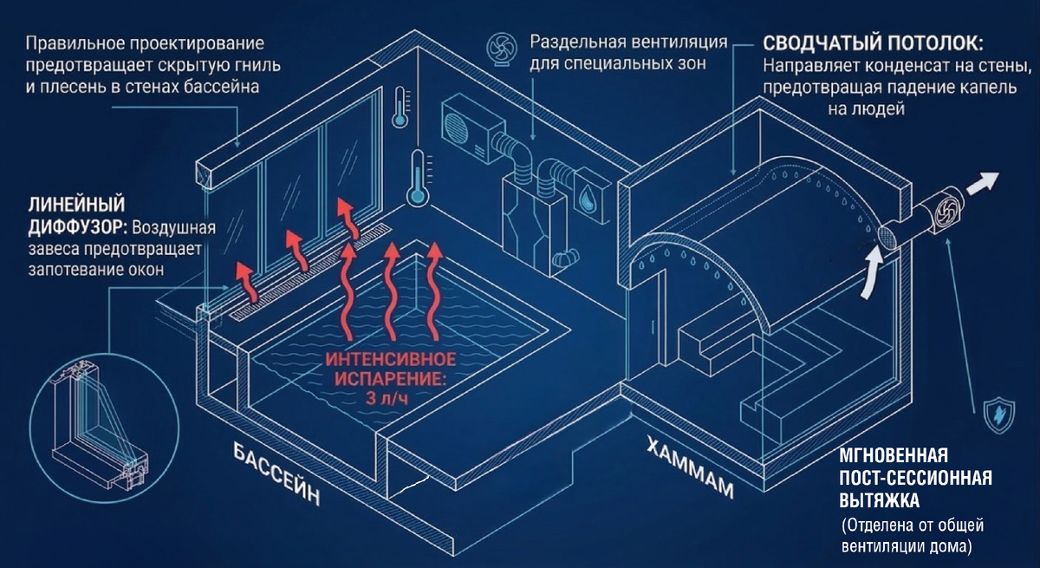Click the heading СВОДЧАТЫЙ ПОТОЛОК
873,43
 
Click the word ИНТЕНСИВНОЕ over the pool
392,359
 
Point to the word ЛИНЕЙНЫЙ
77,205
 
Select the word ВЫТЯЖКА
879,500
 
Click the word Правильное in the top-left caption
78,43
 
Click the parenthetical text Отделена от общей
913,527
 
